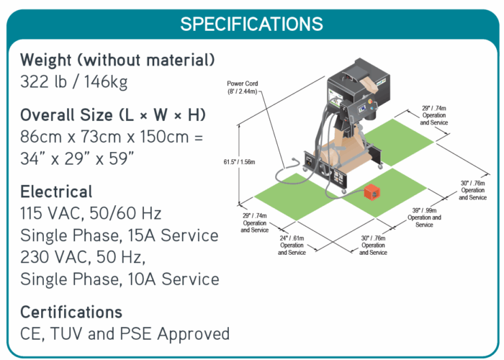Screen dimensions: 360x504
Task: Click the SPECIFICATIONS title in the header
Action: click(251, 23)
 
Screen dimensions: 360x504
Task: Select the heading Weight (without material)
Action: click(117, 59)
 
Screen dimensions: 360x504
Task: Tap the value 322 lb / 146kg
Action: click(74, 81)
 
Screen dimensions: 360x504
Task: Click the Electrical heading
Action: click(56, 192)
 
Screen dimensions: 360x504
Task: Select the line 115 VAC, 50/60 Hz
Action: click(91, 214)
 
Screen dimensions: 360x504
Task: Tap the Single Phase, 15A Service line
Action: click(120, 235)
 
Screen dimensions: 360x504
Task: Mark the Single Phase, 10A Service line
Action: click(120, 279)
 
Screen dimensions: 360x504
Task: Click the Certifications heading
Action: click(71, 312)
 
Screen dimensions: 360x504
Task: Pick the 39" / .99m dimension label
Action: click(424, 213)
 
